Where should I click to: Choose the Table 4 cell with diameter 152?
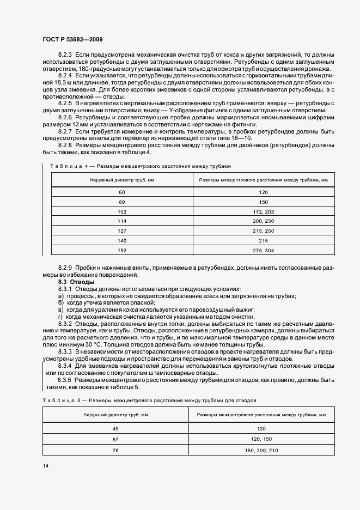click(x=122, y=250)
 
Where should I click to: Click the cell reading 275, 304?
click(x=264, y=250)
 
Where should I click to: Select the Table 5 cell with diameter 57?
click(x=115, y=439)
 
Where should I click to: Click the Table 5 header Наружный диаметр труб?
click(x=115, y=415)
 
